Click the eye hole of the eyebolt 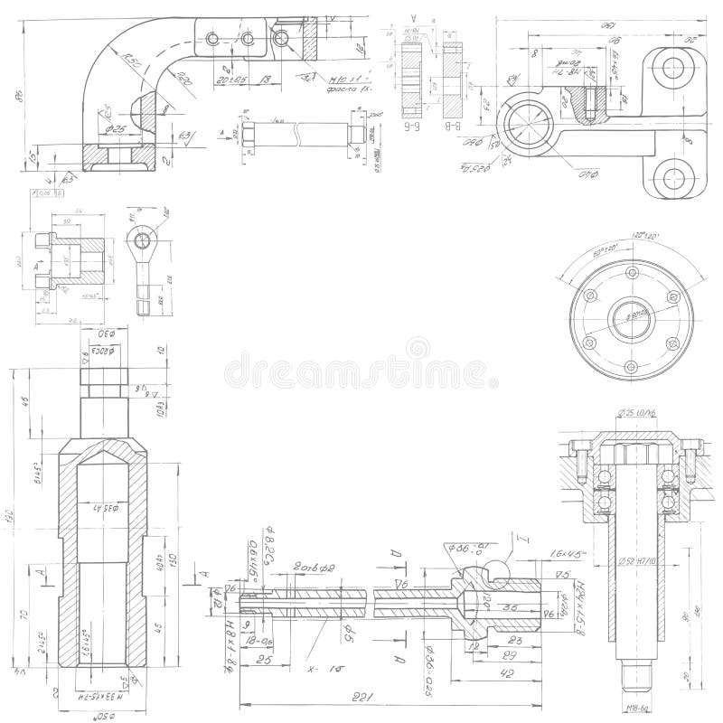click(141, 239)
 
